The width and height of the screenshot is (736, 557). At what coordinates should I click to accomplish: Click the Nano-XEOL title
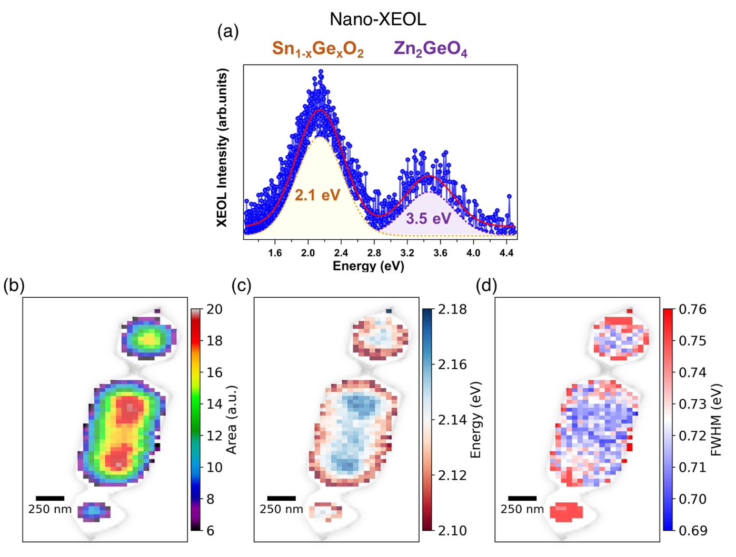point(377,19)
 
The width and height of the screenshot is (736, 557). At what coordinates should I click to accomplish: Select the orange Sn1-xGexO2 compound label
point(317,49)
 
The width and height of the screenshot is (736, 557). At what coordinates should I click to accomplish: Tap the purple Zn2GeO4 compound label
point(430,49)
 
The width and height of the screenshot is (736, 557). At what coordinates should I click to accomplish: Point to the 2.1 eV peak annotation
point(317,196)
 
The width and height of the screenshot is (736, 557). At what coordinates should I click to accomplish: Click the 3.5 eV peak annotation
point(428,219)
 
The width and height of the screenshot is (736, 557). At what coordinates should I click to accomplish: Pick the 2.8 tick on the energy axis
point(374,253)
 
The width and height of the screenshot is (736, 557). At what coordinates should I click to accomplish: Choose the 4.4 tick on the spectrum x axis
point(506,253)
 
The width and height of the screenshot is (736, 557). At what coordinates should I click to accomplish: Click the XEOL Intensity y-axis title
point(223,148)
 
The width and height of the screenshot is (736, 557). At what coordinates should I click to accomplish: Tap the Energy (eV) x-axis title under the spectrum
point(368,266)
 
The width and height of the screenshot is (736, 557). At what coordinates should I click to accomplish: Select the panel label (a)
point(228,32)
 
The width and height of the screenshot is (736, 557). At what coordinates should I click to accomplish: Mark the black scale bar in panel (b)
point(50,498)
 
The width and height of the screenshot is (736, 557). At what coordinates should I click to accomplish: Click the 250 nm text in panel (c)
point(281,509)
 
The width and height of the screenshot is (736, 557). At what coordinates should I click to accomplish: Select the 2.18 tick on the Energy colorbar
point(452,309)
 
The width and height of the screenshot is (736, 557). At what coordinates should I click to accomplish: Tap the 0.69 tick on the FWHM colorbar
point(693,530)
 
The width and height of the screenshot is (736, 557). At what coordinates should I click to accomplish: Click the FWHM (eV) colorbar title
point(715,419)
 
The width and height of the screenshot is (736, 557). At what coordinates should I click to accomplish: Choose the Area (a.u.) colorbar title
point(232,419)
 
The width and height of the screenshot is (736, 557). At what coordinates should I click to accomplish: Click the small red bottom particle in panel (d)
point(566,511)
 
